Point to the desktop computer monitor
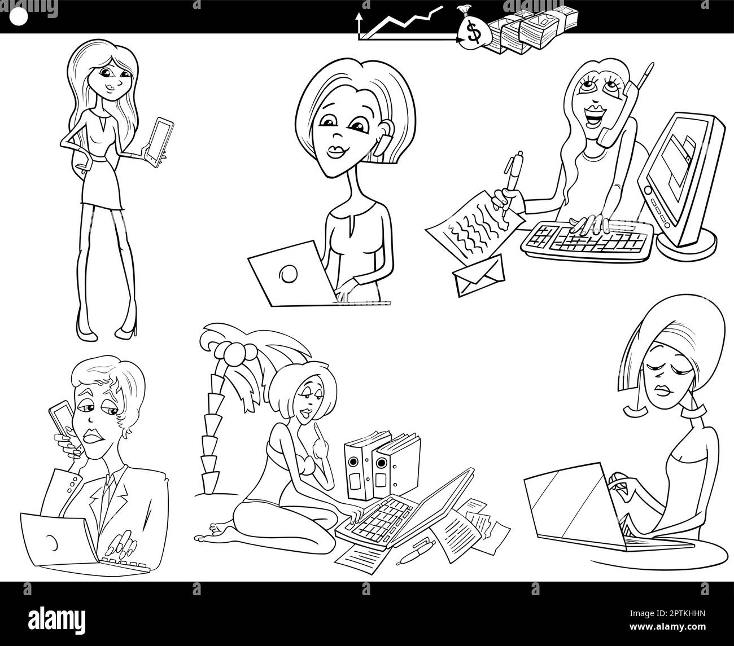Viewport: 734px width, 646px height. point(678,178)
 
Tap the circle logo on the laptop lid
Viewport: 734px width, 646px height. point(289,274)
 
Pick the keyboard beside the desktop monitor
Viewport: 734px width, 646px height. point(584,240)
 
